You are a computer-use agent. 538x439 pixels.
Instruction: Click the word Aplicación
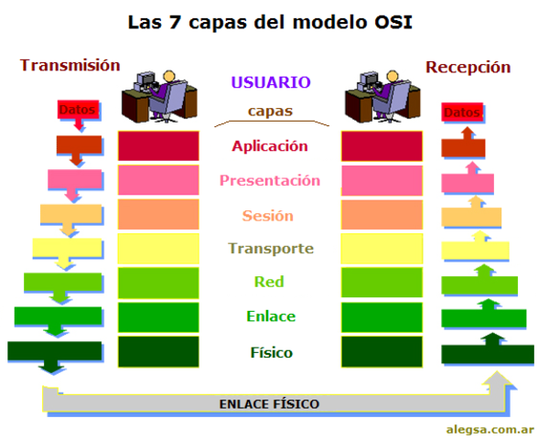click(x=270, y=145)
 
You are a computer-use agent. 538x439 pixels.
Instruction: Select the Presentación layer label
click(x=270, y=180)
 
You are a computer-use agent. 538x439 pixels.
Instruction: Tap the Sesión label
click(x=268, y=216)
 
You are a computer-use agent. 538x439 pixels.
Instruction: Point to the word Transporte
click(x=271, y=249)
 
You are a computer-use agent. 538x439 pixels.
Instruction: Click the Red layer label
click(x=269, y=282)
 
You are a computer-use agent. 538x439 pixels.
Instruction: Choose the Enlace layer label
click(x=270, y=316)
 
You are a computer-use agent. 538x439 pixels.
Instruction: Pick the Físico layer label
click(x=270, y=351)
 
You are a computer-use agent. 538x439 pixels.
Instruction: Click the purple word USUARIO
click(x=271, y=82)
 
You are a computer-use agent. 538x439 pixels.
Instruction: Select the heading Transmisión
click(x=70, y=65)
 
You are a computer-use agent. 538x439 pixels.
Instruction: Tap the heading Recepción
click(x=468, y=66)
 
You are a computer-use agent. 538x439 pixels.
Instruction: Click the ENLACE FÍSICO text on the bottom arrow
click(x=269, y=402)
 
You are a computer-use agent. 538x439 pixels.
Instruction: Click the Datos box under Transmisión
click(x=77, y=110)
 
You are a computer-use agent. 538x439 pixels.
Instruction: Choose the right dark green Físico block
click(x=382, y=351)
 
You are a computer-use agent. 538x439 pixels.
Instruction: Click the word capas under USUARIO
click(x=270, y=112)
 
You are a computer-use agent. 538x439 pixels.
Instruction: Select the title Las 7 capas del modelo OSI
click(x=269, y=20)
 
